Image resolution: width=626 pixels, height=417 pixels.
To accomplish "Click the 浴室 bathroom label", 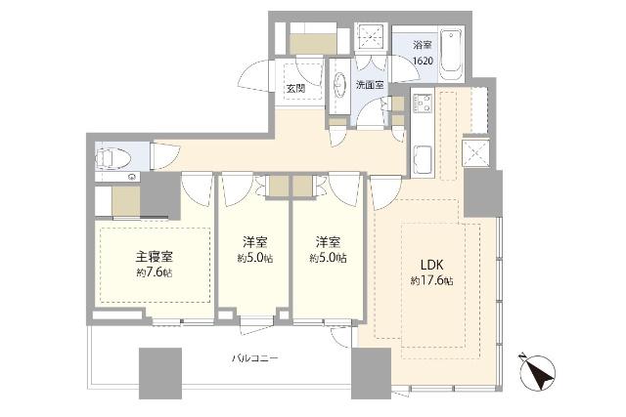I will pyautogui.click(x=422, y=44).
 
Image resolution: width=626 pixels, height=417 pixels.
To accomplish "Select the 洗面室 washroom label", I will pyautogui.click(x=369, y=86).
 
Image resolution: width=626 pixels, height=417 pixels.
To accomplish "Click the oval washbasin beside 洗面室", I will pyautogui.click(x=338, y=85).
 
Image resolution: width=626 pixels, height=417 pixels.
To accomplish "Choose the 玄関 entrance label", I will pyautogui.click(x=294, y=88).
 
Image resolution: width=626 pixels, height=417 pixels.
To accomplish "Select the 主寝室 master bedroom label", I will pyautogui.click(x=155, y=258).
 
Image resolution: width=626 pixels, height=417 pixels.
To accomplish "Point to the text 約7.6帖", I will pyautogui.click(x=155, y=272).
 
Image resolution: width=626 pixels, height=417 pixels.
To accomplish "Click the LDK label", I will pyautogui.click(x=431, y=265).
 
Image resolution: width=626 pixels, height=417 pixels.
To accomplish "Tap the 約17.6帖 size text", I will pyautogui.click(x=431, y=280).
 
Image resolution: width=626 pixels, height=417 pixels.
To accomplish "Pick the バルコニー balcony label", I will pyautogui.click(x=255, y=358).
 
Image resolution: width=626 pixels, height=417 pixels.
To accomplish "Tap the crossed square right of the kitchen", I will pyautogui.click(x=479, y=153).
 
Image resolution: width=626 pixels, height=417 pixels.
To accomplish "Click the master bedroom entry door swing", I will pyautogui.click(x=199, y=188).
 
